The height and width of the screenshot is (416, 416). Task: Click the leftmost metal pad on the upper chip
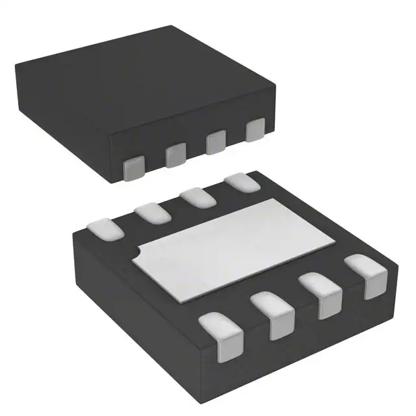(x=135, y=168)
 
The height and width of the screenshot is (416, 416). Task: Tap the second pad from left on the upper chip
(x=175, y=155)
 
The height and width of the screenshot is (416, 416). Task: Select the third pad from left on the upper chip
(x=216, y=142)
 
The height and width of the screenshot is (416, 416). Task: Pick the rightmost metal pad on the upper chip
(x=255, y=129)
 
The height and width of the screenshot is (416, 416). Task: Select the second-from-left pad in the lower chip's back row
(x=151, y=213)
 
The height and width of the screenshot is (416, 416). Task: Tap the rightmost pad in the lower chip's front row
(x=365, y=276)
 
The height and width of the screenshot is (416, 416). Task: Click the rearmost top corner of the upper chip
(x=171, y=25)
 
